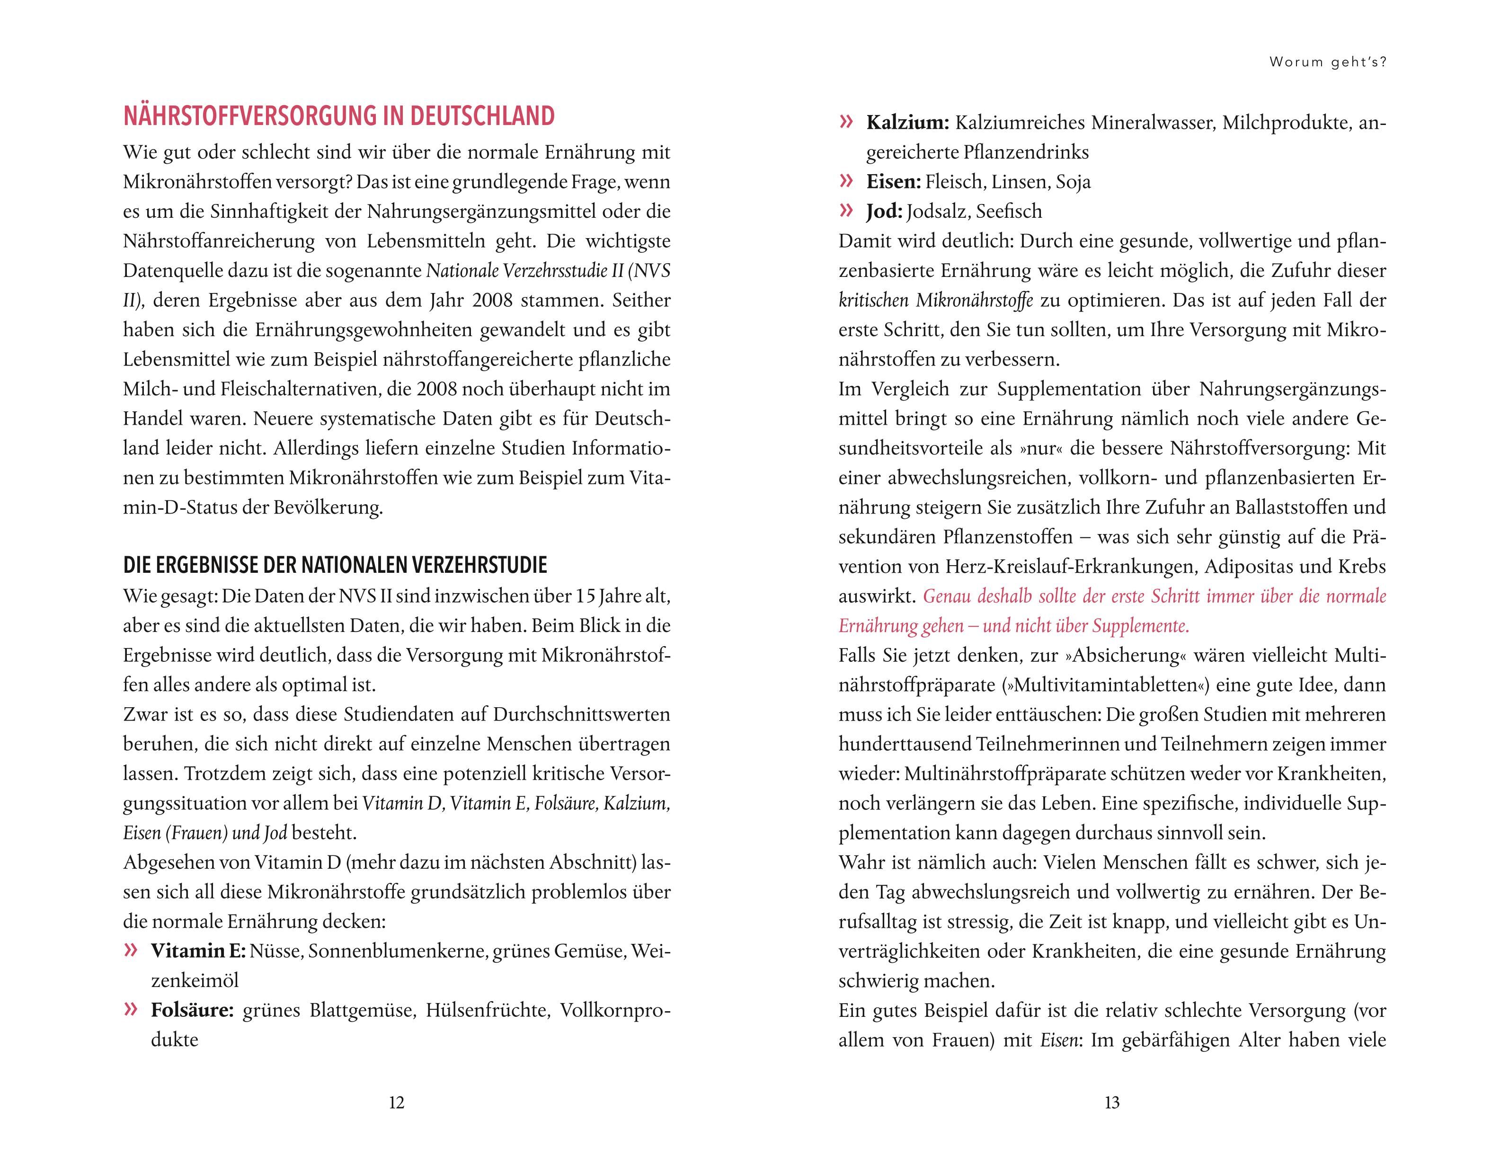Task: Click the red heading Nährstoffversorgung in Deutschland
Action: pos(338,116)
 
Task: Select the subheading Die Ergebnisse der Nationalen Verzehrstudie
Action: pos(335,565)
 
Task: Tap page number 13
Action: pos(1112,1102)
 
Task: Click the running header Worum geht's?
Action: pos(1328,62)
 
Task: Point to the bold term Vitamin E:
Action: pos(198,952)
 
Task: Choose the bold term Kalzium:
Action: pos(908,123)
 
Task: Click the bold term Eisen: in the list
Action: pos(893,182)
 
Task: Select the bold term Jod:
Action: pos(884,212)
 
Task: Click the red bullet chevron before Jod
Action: pos(846,210)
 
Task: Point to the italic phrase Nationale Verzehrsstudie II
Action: pos(524,271)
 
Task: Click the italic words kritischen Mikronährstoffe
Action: pos(935,301)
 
